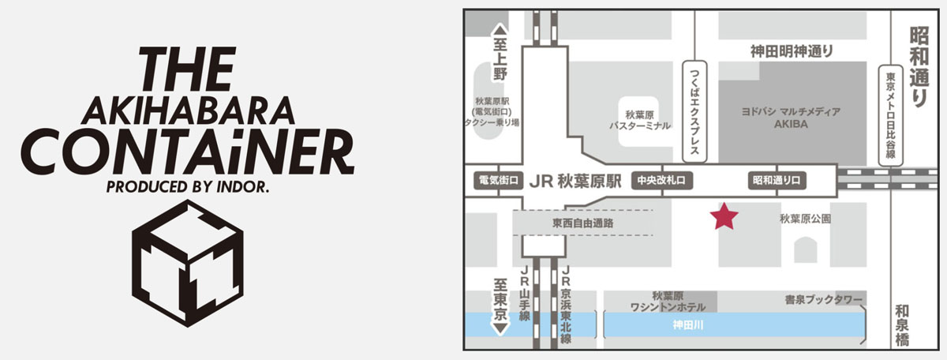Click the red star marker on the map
point(724,216)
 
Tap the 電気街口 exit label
point(499,181)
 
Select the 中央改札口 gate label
point(661,181)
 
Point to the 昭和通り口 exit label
point(777,181)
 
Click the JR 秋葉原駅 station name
point(575,182)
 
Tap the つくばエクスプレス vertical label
point(694,111)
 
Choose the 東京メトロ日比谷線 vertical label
point(891,115)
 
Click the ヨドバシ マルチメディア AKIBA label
point(791,118)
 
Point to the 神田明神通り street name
point(792,51)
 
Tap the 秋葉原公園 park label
point(806,219)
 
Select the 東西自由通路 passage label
point(582,223)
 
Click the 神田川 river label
point(688,325)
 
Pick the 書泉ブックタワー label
point(823,300)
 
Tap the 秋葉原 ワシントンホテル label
point(668,302)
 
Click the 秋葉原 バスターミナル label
point(640,120)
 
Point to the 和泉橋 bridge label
point(902,326)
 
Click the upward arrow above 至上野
point(500,30)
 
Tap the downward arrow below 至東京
point(500,328)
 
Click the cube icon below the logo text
point(188,263)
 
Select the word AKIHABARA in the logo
point(188,111)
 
